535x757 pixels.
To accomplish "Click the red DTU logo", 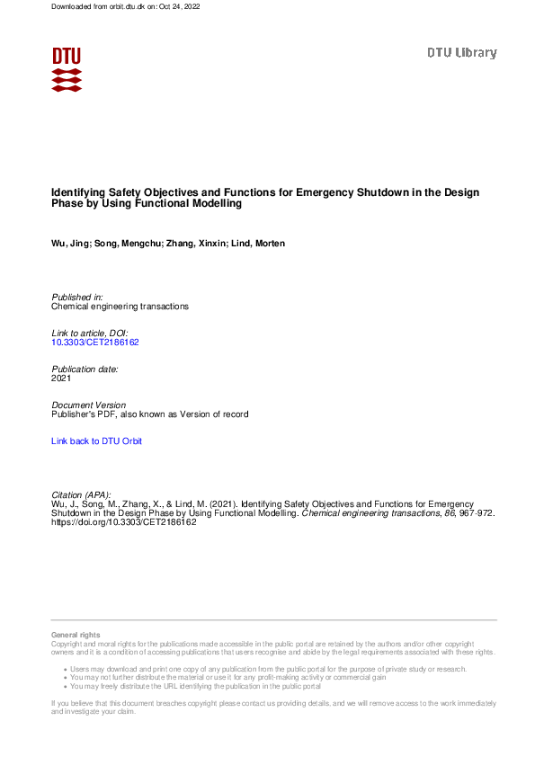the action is (67, 69).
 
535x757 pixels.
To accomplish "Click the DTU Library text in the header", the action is (461, 53).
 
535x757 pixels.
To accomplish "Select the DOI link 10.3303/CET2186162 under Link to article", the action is (95, 343).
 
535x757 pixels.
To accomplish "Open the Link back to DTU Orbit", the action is (96, 441).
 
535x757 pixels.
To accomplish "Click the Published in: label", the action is (77, 297).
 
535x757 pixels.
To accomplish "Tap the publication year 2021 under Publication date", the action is (62, 378).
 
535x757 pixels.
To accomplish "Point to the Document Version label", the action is (89, 405).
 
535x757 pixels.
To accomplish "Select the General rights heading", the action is (76, 636).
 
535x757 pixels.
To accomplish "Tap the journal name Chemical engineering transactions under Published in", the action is (120, 307).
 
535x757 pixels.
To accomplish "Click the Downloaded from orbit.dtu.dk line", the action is (125, 6).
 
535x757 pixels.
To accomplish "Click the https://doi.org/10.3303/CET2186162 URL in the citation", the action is (124, 522).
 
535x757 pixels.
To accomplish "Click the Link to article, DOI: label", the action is (90, 334).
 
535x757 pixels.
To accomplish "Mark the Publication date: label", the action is (85, 370).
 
